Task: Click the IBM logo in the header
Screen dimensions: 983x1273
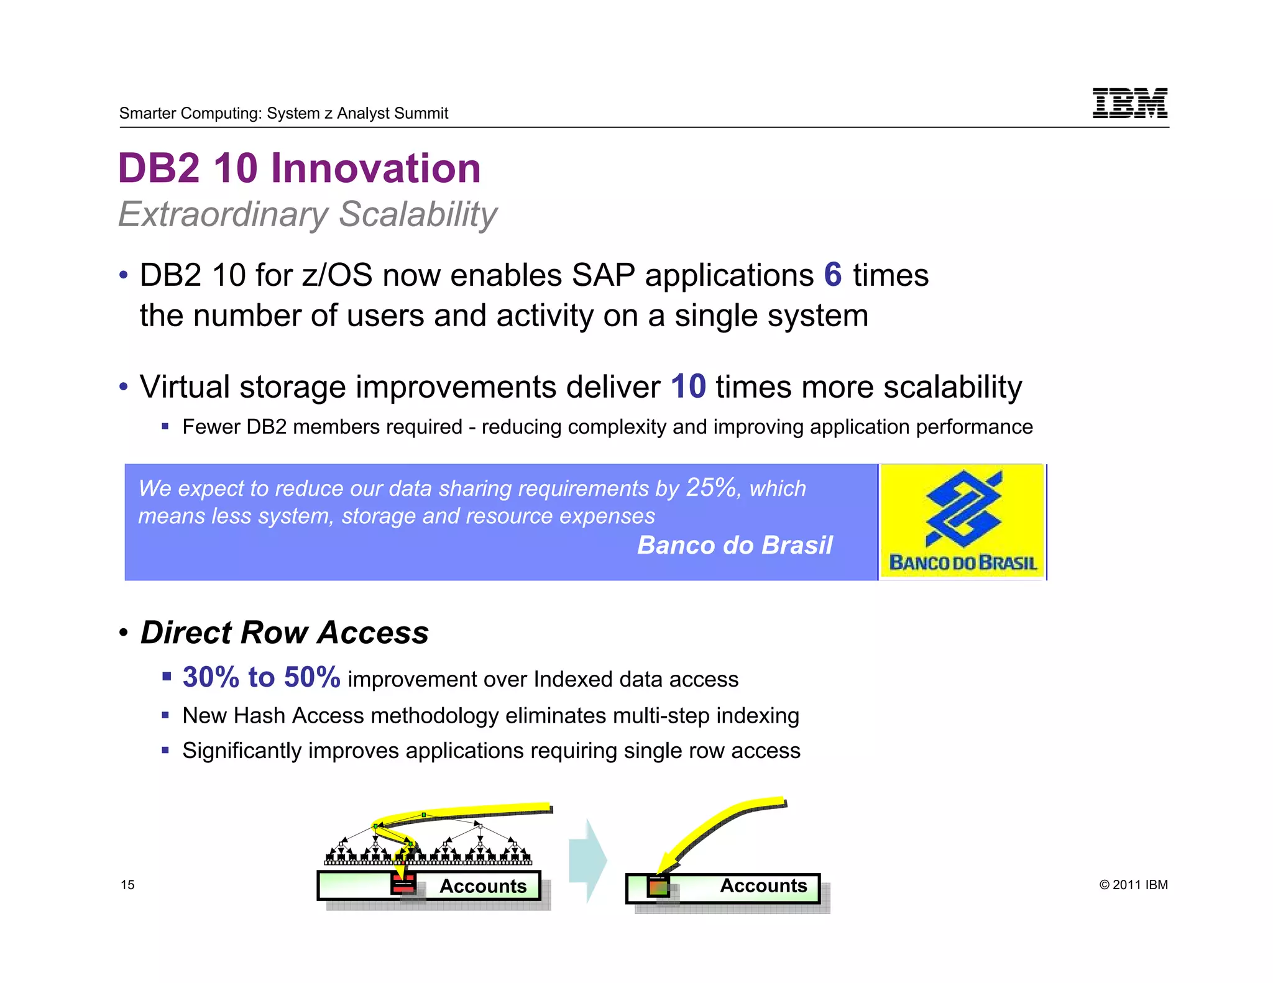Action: coord(1129,103)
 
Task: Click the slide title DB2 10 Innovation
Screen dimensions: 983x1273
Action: coord(299,168)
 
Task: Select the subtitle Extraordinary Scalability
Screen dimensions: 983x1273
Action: coord(308,214)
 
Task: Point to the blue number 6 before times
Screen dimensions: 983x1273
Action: coord(832,275)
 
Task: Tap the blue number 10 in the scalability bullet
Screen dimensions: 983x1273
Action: coord(688,386)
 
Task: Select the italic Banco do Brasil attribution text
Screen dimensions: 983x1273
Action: coord(734,545)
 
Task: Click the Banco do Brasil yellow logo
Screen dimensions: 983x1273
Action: coord(962,522)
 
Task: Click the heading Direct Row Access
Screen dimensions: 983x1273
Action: coord(284,633)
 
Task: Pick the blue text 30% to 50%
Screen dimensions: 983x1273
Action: coord(261,677)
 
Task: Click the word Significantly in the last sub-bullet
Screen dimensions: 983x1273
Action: coord(242,751)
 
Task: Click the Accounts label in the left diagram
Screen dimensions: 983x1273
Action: coord(482,886)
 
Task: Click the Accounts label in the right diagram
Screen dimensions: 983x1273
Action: coord(763,885)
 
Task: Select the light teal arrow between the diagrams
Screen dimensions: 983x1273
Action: coord(588,860)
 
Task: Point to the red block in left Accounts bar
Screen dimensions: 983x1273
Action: coord(403,884)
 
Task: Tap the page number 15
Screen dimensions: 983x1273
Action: coord(127,885)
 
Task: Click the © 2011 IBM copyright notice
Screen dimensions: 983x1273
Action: coord(1133,885)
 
